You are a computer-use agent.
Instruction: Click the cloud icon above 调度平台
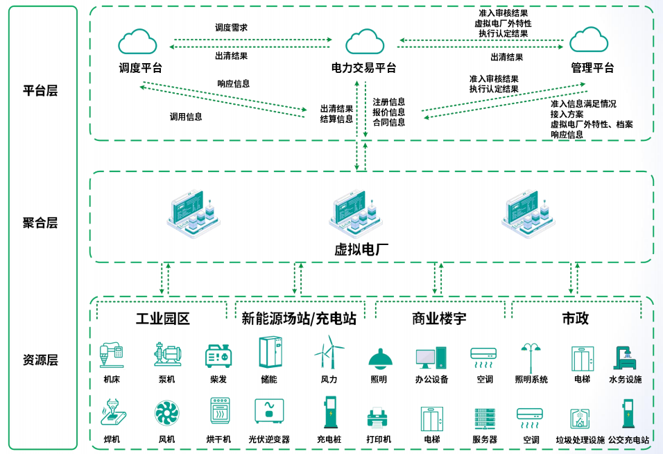(137, 42)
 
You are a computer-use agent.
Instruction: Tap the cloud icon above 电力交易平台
(365, 42)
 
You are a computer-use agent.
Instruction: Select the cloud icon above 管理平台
(589, 40)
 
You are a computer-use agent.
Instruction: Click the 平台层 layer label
(40, 91)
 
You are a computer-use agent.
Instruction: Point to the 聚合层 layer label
(40, 223)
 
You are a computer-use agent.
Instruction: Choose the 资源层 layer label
(40, 360)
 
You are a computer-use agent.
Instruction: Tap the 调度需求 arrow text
(232, 28)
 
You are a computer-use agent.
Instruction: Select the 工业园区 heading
(162, 319)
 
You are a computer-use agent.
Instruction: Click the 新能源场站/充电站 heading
(299, 319)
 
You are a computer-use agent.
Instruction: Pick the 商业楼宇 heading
(439, 319)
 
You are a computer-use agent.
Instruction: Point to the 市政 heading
(576, 319)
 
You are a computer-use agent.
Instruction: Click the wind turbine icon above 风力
(329, 353)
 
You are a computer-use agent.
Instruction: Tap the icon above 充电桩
(329, 412)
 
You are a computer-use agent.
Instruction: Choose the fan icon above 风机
(167, 414)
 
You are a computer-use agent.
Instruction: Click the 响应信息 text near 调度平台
(234, 84)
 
